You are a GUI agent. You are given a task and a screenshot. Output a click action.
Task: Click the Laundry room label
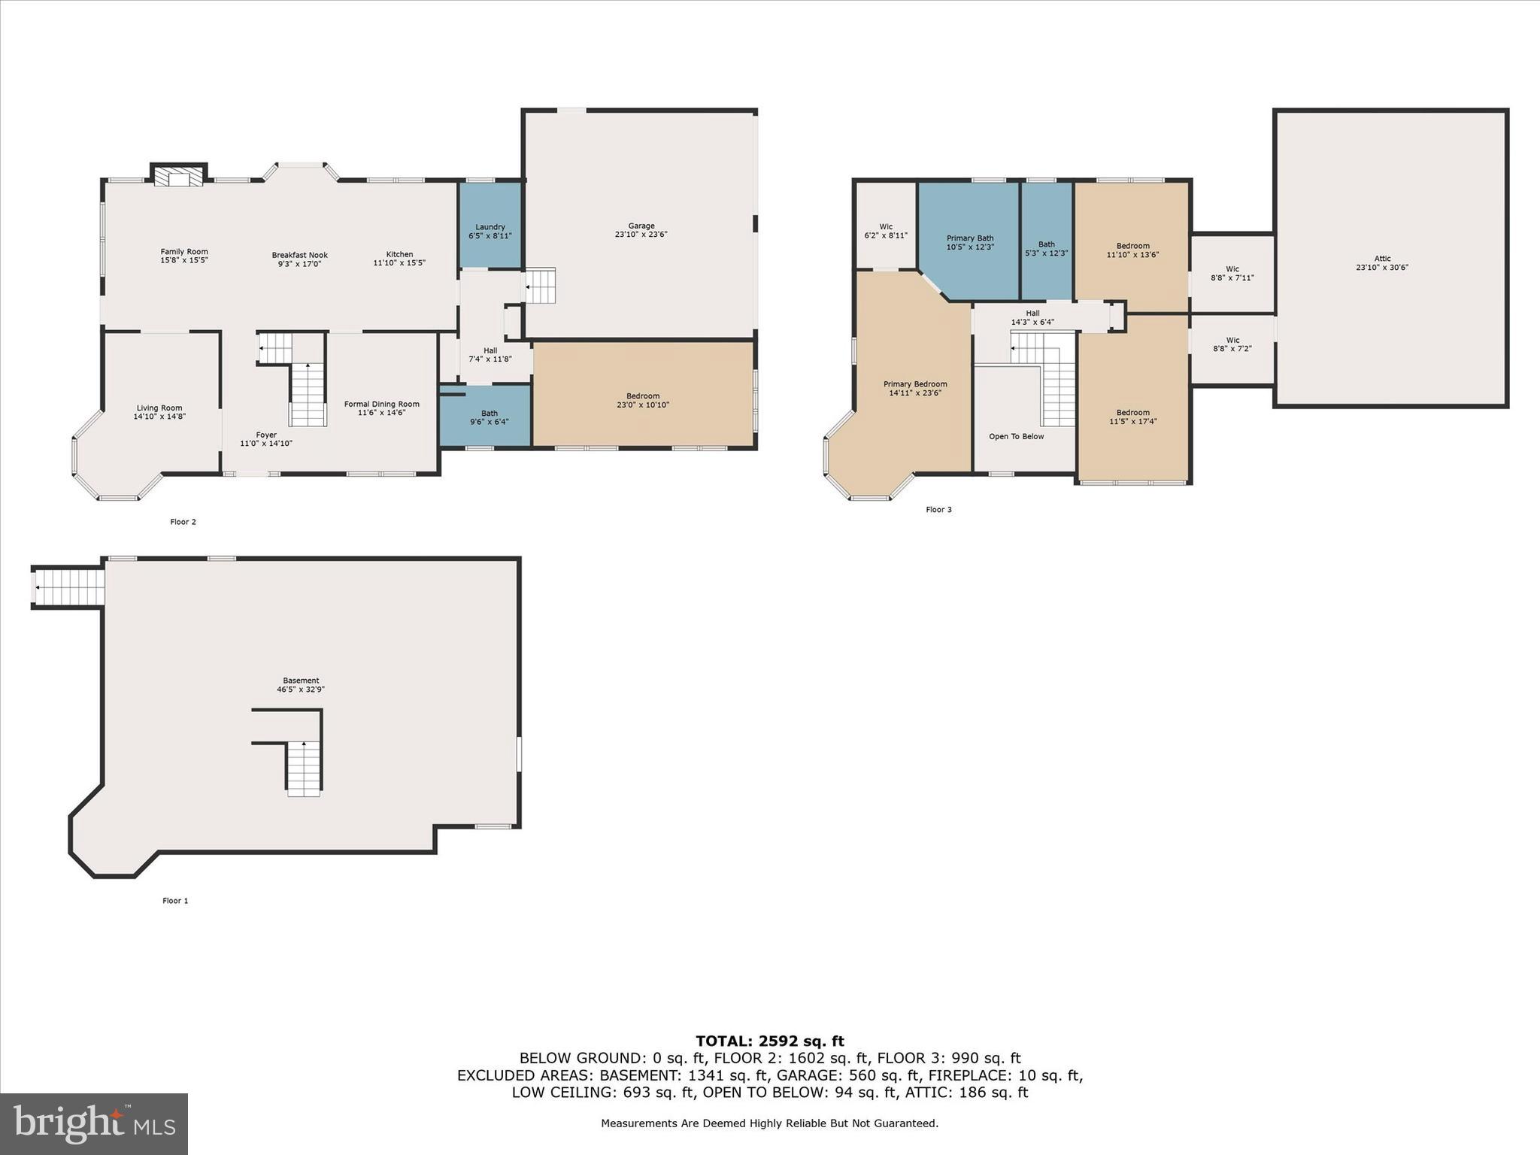(x=490, y=227)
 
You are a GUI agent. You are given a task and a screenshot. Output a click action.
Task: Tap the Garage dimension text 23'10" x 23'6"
(x=641, y=235)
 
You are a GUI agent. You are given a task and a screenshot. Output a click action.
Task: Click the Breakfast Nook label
(x=299, y=255)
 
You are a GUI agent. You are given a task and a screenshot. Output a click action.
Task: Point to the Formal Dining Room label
(x=381, y=405)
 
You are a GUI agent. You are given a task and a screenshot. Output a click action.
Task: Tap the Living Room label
(x=159, y=408)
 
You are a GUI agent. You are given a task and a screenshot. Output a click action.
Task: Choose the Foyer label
(x=266, y=435)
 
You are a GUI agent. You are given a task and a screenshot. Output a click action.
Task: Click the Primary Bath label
(x=970, y=238)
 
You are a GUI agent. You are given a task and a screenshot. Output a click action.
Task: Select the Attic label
(x=1382, y=259)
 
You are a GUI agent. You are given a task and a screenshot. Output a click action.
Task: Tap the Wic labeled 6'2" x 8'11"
(x=886, y=231)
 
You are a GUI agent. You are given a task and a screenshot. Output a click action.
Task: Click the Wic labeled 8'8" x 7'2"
(x=1232, y=344)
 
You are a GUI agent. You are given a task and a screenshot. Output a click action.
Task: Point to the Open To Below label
(x=1016, y=437)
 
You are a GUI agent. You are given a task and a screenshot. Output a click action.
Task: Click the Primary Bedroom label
(x=915, y=384)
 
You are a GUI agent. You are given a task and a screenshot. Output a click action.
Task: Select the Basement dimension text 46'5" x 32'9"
(x=301, y=690)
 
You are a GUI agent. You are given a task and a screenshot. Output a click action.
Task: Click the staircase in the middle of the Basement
(x=303, y=767)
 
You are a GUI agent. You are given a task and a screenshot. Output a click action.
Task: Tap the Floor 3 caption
(x=938, y=510)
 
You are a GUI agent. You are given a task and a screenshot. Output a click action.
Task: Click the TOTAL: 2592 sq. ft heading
(x=769, y=1041)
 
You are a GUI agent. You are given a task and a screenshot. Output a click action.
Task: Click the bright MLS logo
(x=94, y=1124)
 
